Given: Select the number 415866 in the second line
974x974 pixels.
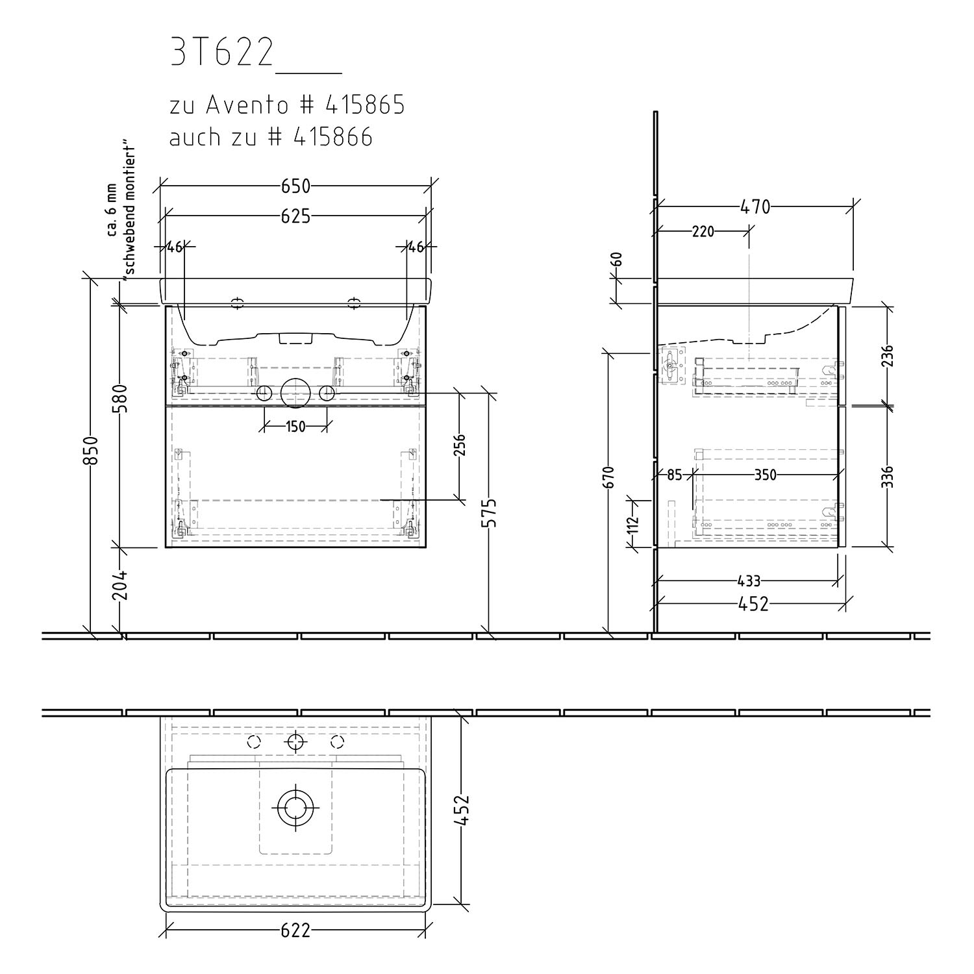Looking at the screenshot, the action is pos(334,137).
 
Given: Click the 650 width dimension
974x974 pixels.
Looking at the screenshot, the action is pos(295,186).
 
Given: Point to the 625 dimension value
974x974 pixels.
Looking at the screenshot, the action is pos(295,216).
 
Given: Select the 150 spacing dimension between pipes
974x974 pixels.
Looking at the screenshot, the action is pos(295,427).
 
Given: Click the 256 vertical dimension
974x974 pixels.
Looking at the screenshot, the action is pos(459,445).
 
